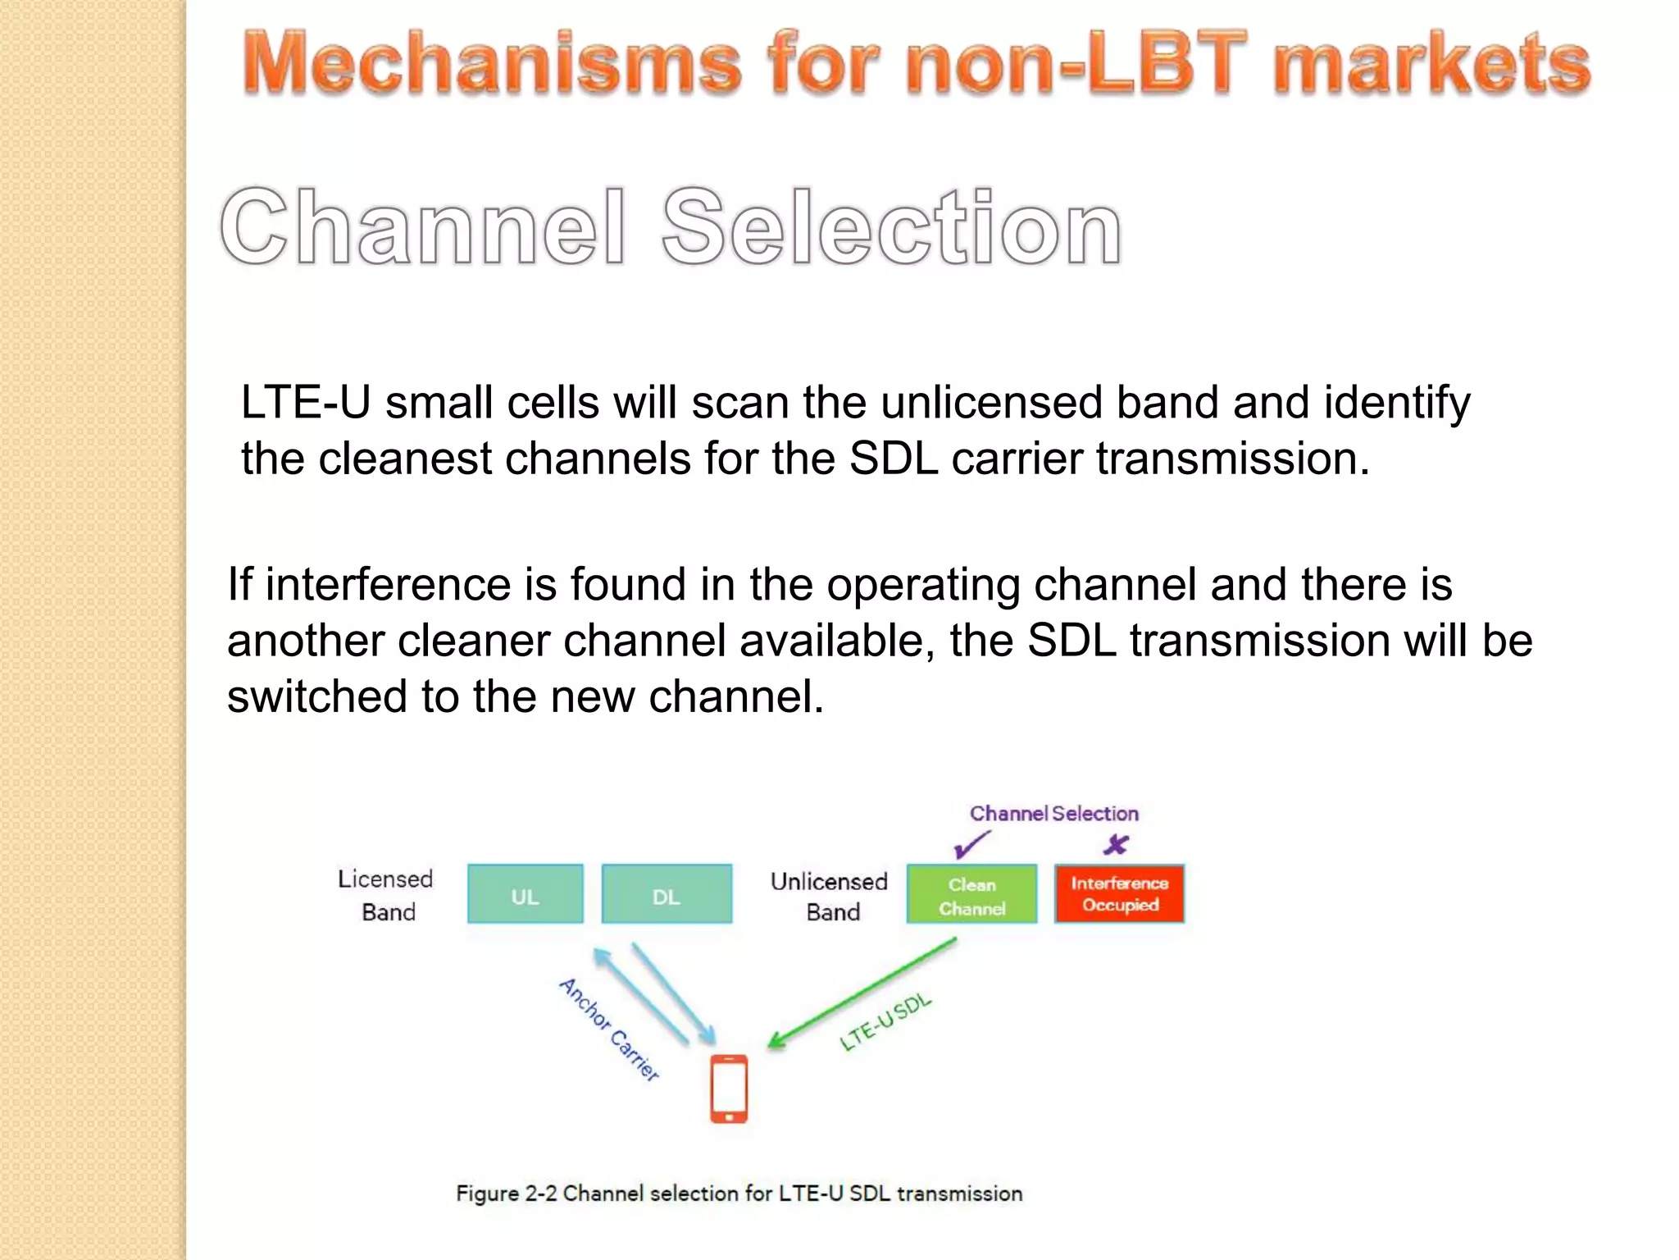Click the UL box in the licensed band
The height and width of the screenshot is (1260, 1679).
point(525,894)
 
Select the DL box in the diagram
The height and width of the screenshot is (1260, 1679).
point(667,894)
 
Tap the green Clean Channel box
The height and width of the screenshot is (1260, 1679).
point(971,895)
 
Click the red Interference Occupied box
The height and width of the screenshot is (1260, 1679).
point(1119,894)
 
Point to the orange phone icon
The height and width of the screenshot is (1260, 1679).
point(729,1089)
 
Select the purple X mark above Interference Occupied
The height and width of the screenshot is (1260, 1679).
point(1116,844)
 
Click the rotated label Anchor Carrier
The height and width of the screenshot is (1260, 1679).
point(609,1029)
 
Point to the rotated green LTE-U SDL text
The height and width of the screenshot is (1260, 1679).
point(886,1022)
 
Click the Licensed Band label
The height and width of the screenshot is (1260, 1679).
point(386,895)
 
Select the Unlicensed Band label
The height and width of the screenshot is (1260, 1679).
point(830,896)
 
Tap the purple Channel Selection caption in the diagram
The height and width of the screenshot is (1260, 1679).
point(1053,813)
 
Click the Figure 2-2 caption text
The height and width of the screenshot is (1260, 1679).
point(739,1194)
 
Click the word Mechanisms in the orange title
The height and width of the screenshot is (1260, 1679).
point(492,64)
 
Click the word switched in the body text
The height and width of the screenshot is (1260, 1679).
point(316,696)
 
